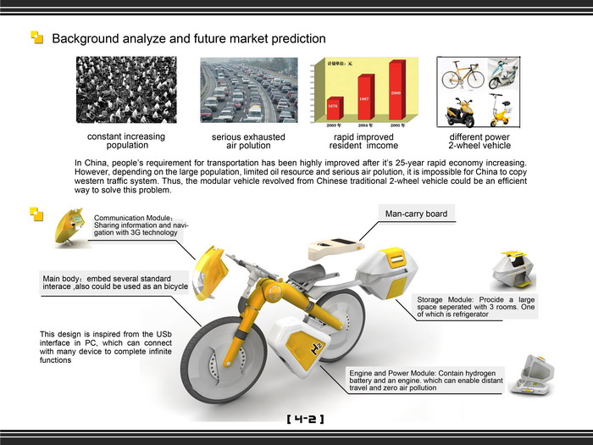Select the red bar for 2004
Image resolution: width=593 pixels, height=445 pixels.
[x=365, y=97]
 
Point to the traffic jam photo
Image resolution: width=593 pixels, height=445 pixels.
[x=249, y=90]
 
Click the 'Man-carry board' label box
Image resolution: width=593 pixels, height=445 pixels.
[x=416, y=214]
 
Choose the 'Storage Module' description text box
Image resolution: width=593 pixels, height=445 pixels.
[x=476, y=307]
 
